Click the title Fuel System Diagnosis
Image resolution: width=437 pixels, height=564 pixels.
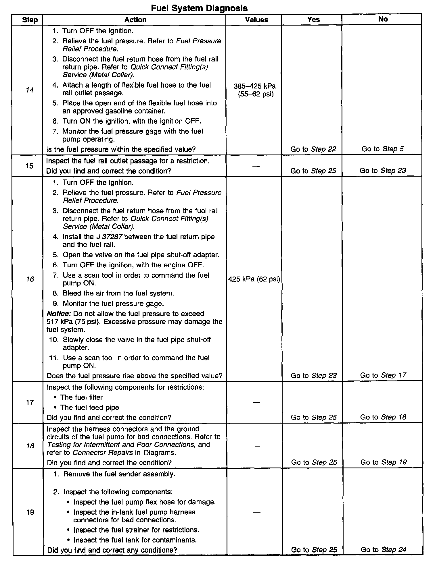click(199, 8)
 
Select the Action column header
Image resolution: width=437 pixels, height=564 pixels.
click(135, 20)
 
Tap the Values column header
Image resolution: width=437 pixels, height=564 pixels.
click(256, 20)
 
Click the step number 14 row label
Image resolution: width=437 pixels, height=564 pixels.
click(30, 90)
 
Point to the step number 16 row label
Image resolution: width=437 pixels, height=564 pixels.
click(30, 279)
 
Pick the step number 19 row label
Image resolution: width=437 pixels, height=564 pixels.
click(30, 512)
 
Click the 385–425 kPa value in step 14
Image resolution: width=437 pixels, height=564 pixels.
click(255, 86)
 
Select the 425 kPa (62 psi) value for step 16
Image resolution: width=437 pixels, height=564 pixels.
click(254, 279)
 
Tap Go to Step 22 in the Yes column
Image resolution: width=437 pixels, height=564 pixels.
click(313, 149)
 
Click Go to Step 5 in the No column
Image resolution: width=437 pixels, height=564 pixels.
click(383, 149)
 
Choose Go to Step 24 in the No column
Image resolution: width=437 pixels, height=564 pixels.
click(384, 550)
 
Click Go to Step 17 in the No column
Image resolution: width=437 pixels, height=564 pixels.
click(383, 375)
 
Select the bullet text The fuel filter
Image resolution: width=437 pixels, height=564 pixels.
click(81, 397)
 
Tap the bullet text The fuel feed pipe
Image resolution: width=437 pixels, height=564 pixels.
click(89, 407)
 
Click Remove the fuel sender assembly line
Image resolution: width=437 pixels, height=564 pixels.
click(119, 474)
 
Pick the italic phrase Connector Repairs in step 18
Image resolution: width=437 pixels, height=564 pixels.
click(103, 453)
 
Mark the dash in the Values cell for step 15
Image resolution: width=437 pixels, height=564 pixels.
click(256, 166)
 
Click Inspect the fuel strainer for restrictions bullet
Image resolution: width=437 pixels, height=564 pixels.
click(136, 530)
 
